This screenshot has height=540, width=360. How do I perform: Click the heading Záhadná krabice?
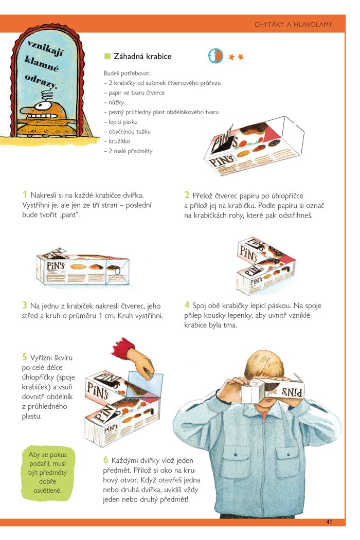pyautogui.click(x=142, y=56)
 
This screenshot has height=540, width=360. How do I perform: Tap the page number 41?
pyautogui.click(x=329, y=522)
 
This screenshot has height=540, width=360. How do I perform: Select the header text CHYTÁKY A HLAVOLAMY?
pyautogui.click(x=293, y=24)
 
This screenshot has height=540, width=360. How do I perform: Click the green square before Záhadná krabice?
pyautogui.click(x=107, y=56)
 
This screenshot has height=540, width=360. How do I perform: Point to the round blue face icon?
pyautogui.click(x=215, y=56)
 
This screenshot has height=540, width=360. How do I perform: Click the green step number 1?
pyautogui.click(x=25, y=194)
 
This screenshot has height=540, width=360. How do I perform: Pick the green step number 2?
pyautogui.click(x=187, y=195)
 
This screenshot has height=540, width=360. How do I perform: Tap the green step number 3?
pyautogui.click(x=25, y=305)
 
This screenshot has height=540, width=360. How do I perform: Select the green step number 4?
pyautogui.click(x=187, y=305)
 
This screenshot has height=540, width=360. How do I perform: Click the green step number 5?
pyautogui.click(x=25, y=356)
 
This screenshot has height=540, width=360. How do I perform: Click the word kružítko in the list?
pyautogui.click(x=119, y=141)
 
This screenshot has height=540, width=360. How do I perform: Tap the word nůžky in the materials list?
pyautogui.click(x=116, y=102)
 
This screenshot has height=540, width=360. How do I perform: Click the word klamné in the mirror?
pyautogui.click(x=42, y=64)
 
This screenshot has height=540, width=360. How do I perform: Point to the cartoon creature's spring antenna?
pyautogui.click(x=47, y=95)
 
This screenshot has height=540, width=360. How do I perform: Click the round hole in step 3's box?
pyautogui.click(x=117, y=272)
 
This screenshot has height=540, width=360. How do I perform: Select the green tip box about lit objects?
pyautogui.click(x=47, y=473)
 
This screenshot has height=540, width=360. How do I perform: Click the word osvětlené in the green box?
pyautogui.click(x=47, y=491)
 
